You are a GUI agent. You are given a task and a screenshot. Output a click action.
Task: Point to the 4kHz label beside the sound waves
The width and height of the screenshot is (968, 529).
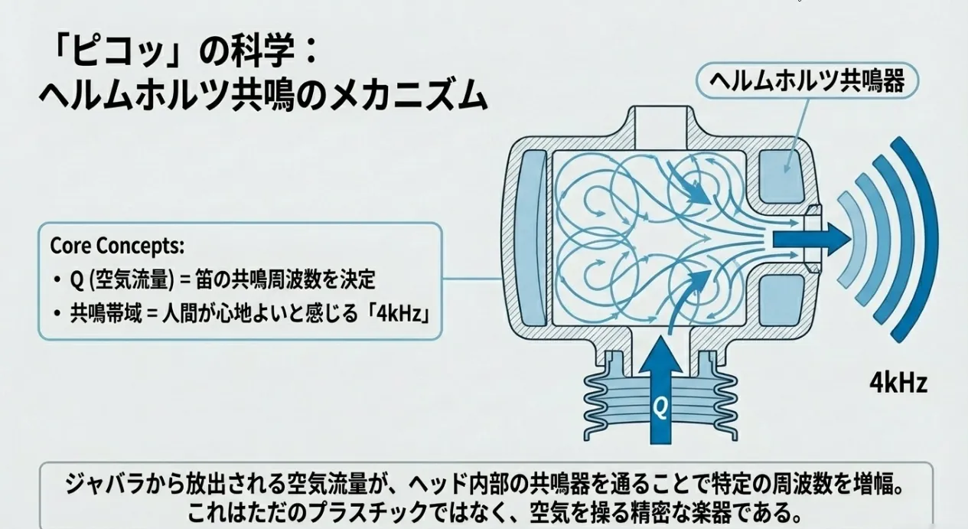coord(898,381)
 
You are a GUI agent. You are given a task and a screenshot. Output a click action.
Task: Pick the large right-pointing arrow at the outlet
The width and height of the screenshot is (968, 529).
coord(811,239)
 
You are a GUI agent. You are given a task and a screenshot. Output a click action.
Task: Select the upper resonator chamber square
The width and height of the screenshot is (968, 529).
coord(781,175)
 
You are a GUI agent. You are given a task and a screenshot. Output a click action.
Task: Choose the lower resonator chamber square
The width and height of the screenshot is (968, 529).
coord(781,299)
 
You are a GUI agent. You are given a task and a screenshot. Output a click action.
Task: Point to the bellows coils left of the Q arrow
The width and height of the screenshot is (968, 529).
coord(609,403)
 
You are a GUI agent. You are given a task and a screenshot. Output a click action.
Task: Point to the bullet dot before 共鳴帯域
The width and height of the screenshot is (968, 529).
coord(57,315)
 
